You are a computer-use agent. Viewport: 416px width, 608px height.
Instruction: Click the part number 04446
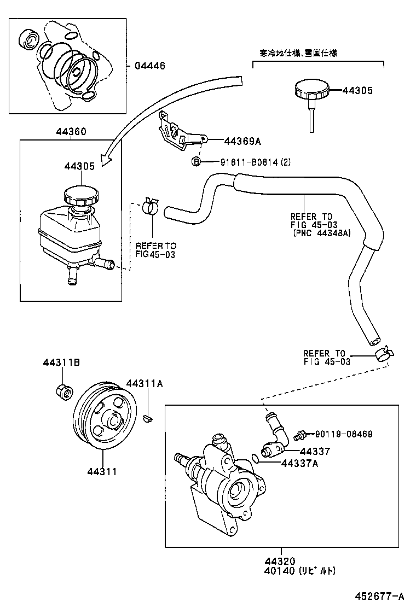(x=149, y=66)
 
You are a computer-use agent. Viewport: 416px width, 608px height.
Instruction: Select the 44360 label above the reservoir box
(x=71, y=132)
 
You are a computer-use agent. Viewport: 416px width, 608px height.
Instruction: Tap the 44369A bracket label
(x=242, y=141)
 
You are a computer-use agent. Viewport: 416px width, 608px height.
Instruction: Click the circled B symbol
(x=195, y=161)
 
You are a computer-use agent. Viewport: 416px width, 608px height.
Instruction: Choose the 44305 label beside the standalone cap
(x=357, y=91)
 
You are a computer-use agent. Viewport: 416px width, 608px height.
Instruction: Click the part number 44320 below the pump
(x=280, y=561)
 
